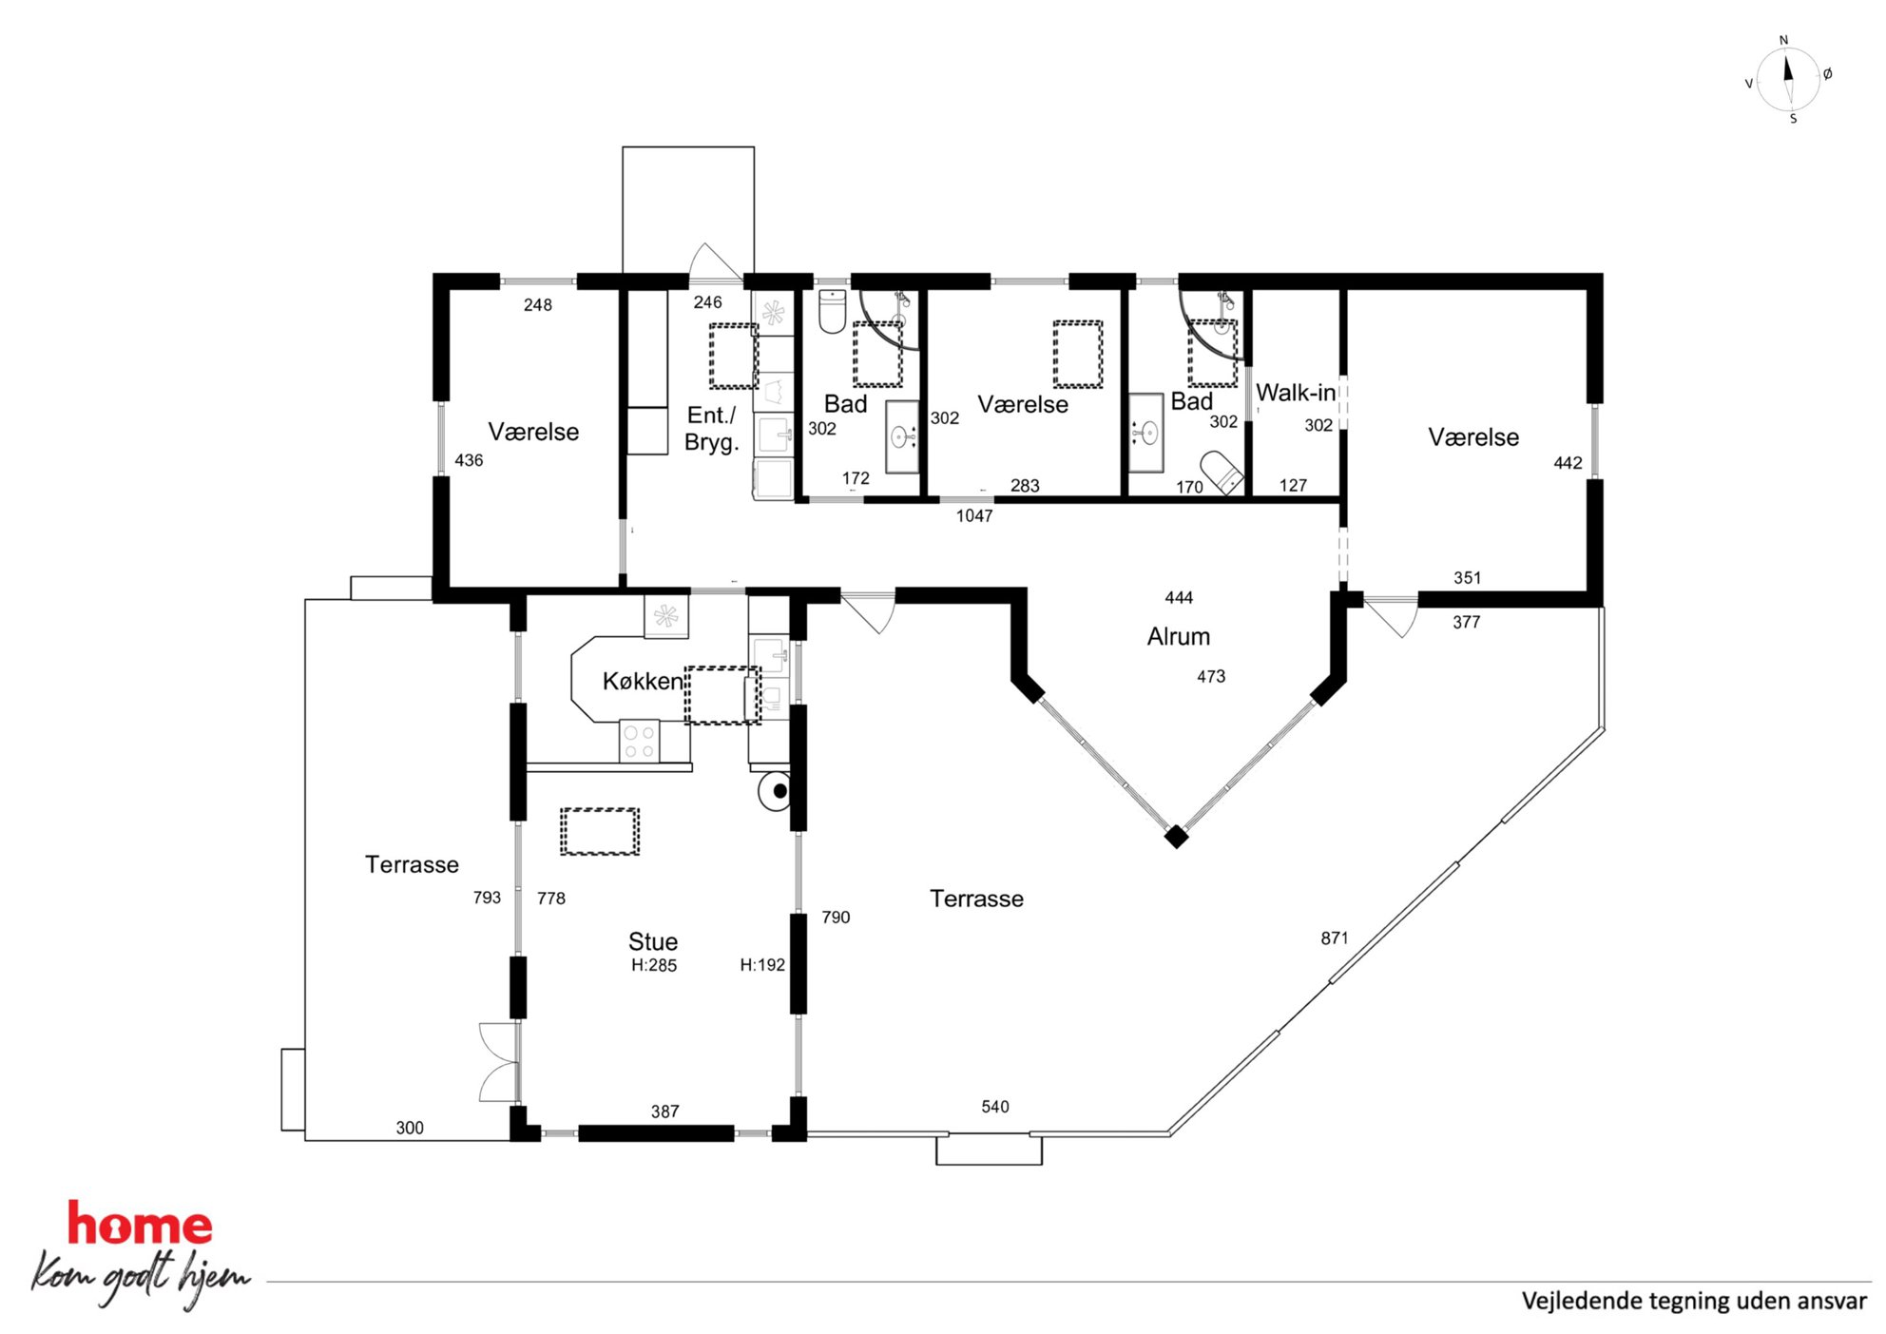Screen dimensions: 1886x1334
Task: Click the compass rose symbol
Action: tap(1787, 79)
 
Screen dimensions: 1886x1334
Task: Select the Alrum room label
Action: tap(1179, 636)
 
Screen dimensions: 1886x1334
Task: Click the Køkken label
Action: tap(643, 681)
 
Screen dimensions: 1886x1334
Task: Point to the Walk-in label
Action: tap(1296, 393)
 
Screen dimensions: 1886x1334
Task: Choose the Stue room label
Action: tap(653, 941)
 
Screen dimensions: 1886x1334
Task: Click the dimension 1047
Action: tap(974, 515)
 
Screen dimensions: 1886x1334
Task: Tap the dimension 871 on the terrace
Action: tap(1335, 938)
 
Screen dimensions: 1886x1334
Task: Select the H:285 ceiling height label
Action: tap(654, 965)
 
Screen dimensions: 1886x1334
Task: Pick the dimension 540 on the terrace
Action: tap(995, 1107)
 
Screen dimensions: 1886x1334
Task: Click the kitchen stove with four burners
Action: tap(639, 742)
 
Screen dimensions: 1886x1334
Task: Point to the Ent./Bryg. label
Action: tap(712, 429)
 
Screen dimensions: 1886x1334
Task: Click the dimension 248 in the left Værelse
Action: tap(538, 305)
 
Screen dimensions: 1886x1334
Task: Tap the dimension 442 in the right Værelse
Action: tap(1568, 463)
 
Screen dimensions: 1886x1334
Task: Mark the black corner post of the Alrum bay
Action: tap(1176, 837)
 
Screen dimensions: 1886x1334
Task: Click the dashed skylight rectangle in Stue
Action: tap(600, 832)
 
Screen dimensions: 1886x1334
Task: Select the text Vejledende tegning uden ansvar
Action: tap(1694, 1301)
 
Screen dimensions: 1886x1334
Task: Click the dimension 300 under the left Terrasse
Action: tap(410, 1128)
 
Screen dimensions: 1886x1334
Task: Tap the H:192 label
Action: tap(762, 965)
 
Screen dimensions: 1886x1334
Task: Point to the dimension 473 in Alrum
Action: tap(1211, 677)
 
